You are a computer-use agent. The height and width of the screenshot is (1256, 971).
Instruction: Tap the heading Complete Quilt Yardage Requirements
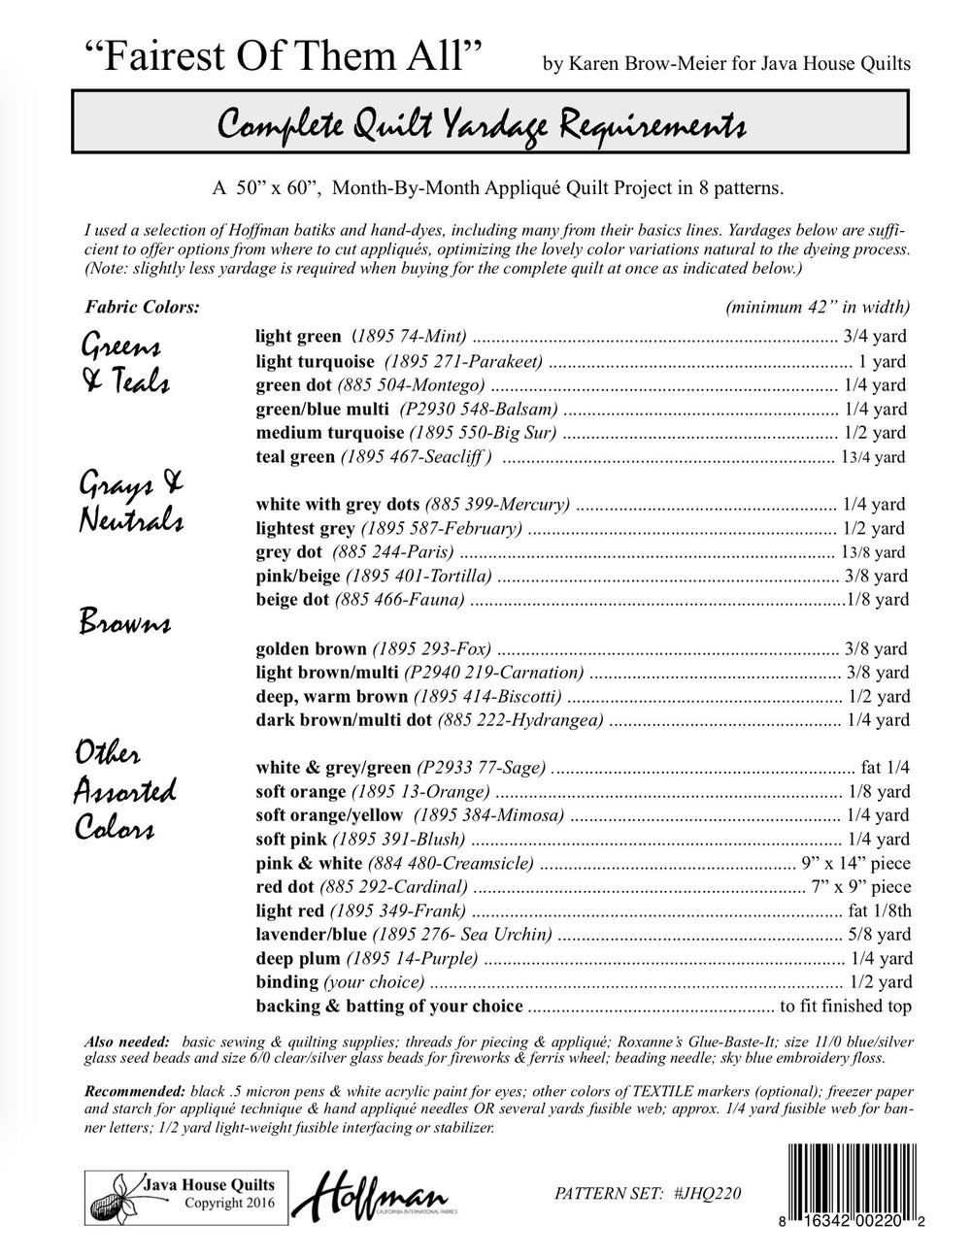click(482, 126)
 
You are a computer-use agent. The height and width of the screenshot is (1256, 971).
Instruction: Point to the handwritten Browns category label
click(124, 622)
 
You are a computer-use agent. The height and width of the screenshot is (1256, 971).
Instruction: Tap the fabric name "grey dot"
click(288, 552)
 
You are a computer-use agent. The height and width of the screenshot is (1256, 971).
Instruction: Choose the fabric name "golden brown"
click(311, 648)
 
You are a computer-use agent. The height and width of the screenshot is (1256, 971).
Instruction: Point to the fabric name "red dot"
click(285, 886)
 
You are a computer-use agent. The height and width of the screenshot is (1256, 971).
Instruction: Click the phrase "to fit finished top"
click(846, 1006)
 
